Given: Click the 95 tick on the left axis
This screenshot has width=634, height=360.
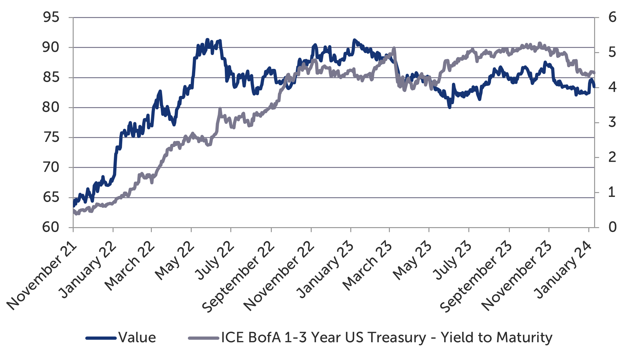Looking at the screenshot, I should [51, 17].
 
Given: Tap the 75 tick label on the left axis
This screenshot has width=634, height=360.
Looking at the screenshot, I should [51, 137].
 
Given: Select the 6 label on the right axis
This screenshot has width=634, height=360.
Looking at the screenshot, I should [612, 17].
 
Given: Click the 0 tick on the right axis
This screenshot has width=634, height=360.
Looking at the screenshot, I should [612, 227].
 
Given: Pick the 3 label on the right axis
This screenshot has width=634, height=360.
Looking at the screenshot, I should [612, 123].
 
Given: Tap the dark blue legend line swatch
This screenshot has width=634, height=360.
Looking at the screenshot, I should [101, 338].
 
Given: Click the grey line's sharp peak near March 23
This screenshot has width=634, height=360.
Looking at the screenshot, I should [394, 48].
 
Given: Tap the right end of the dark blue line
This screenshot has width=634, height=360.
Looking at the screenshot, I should [594, 86].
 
